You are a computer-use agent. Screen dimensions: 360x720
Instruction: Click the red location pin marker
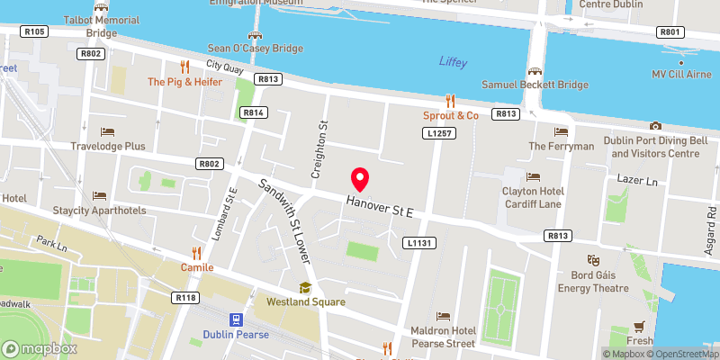360,179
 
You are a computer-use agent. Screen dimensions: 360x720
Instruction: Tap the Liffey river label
454,61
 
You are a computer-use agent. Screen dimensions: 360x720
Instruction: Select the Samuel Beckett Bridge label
534,85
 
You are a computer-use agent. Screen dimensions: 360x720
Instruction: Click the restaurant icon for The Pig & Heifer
184,66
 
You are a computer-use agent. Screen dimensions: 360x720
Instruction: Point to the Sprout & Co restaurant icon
451,101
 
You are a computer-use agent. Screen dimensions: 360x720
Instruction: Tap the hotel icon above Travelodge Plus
109,131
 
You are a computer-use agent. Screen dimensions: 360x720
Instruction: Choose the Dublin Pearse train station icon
237,319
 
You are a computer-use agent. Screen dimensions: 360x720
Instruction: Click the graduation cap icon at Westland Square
305,287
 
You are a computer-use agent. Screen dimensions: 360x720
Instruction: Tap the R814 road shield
253,112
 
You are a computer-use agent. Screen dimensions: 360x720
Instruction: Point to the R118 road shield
186,297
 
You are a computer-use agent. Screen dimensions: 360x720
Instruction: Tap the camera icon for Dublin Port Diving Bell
655,126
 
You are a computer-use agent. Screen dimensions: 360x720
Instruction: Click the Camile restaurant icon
195,253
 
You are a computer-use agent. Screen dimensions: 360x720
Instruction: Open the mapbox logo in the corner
40,348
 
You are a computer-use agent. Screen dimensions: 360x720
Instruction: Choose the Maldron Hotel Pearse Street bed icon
442,316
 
